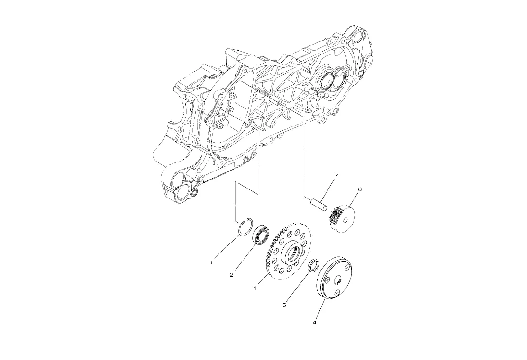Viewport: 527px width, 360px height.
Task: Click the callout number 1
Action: (x=255, y=288)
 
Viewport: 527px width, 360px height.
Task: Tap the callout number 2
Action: (x=232, y=275)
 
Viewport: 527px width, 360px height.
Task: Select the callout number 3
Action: (x=210, y=262)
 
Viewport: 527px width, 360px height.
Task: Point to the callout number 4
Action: (x=315, y=323)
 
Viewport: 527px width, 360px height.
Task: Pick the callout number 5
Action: (x=284, y=305)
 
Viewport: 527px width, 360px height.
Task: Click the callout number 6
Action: (x=360, y=189)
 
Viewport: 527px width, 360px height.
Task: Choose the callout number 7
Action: (x=336, y=176)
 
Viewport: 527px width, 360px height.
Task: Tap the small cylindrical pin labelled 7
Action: (x=318, y=205)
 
